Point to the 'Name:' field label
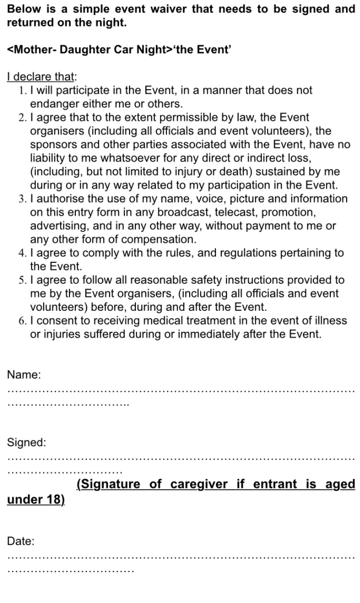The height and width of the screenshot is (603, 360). tap(24, 375)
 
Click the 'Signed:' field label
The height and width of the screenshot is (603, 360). tap(26, 443)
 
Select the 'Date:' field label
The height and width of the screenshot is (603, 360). tap(21, 542)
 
